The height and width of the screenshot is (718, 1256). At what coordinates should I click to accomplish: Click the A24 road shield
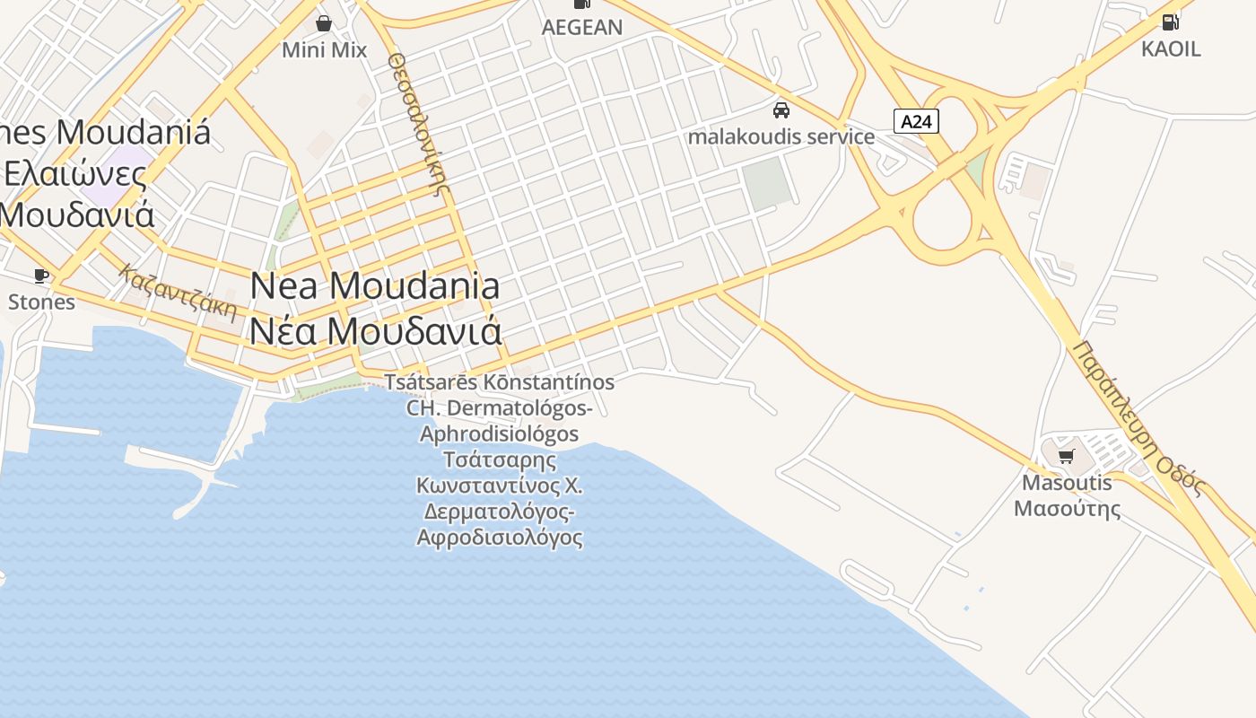[x=916, y=121]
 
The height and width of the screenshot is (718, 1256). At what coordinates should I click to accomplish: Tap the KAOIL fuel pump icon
[x=1171, y=22]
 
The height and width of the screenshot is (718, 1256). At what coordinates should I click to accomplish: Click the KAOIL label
[x=1171, y=48]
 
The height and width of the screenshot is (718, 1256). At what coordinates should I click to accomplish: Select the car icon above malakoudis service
[x=781, y=110]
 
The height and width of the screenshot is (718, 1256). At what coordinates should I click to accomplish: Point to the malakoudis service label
[x=781, y=136]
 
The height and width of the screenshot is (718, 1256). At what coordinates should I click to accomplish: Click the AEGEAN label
[x=582, y=27]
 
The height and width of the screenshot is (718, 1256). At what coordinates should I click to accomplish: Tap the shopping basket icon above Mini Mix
[x=324, y=22]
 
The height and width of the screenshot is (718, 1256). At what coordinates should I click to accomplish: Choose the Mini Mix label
[x=324, y=49]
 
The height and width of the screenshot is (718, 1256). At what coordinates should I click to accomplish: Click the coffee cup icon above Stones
[x=41, y=276]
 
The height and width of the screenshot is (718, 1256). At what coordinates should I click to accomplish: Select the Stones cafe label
[x=41, y=302]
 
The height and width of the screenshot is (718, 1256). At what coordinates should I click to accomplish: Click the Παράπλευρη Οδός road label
[x=1138, y=417]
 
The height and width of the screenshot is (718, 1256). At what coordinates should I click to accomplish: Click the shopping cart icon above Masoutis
[x=1067, y=457]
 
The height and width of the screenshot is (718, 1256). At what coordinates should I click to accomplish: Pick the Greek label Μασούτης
[x=1067, y=509]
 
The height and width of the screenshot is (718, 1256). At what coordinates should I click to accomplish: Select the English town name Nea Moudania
[x=375, y=286]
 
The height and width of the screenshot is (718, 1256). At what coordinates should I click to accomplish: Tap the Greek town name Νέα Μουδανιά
[x=375, y=331]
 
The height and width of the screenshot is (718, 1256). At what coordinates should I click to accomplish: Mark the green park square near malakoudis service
[x=769, y=184]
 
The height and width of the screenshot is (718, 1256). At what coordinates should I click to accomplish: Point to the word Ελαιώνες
[x=75, y=173]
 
